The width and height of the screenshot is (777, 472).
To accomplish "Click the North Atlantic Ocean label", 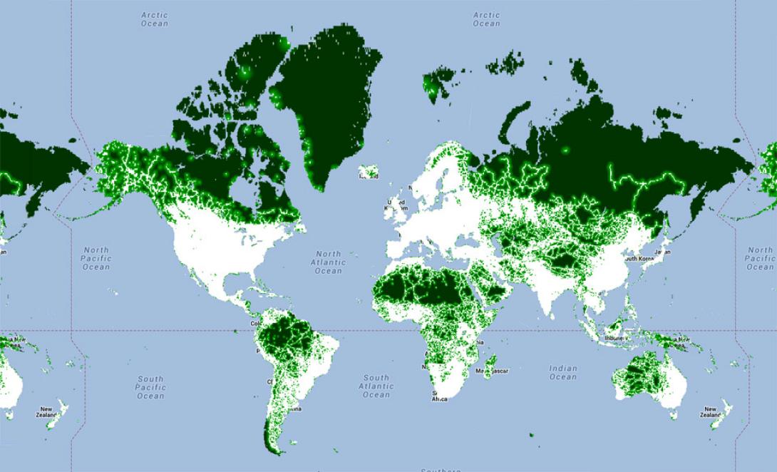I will [x=329, y=262].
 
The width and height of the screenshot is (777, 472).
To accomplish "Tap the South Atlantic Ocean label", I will [x=376, y=386].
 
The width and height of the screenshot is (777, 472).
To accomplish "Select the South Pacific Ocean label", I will [x=150, y=387].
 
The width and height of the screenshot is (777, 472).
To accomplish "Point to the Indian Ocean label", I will [x=562, y=372].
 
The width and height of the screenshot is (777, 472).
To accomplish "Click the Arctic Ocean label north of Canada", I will [x=155, y=19].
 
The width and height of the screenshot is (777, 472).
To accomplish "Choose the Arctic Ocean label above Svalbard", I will [x=487, y=19].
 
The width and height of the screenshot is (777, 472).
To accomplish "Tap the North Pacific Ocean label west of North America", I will [x=96, y=258].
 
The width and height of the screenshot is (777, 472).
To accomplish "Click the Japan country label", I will [x=662, y=252].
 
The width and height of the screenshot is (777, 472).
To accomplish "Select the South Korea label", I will [x=639, y=258].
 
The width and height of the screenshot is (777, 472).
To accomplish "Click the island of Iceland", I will [x=369, y=173].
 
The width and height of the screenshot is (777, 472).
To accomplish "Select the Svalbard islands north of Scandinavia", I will [x=436, y=82].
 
